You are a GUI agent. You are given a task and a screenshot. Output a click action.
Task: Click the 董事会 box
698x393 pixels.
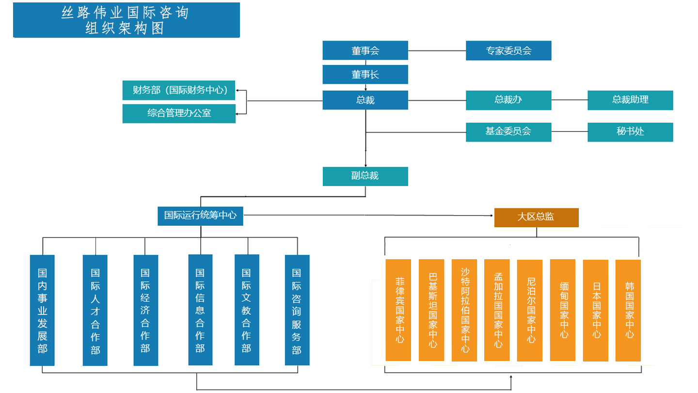[x=365, y=50]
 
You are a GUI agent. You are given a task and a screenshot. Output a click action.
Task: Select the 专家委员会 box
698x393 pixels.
[x=508, y=50]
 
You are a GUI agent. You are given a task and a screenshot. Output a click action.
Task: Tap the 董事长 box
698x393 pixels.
[x=365, y=75]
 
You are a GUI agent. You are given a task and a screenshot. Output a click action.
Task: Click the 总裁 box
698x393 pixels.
[x=365, y=100]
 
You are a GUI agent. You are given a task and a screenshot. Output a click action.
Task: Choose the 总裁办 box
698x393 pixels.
[x=508, y=100]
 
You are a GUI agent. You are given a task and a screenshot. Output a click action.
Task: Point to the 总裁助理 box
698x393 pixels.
[x=630, y=100]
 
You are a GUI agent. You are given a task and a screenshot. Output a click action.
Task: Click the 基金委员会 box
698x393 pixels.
[x=508, y=132]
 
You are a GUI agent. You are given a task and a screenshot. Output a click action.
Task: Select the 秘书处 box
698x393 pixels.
[x=630, y=132]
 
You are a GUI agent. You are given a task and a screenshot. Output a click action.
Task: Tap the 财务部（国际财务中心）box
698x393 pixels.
[x=179, y=90]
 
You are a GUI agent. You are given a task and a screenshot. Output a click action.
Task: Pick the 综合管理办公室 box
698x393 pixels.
[x=179, y=113]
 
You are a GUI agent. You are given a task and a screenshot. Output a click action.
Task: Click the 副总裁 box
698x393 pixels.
[x=365, y=176]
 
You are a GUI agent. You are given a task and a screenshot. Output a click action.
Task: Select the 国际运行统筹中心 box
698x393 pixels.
[x=200, y=216]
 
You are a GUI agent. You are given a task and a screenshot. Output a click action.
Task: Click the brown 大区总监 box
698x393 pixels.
[x=536, y=217]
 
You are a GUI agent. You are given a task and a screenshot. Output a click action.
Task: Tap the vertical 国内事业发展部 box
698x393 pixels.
[x=42, y=310]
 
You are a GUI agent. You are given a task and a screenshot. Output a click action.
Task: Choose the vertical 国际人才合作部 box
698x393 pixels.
[x=95, y=310]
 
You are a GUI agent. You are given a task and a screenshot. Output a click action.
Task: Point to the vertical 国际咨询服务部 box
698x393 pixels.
[x=297, y=310]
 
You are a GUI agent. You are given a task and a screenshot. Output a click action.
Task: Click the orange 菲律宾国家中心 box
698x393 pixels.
[x=398, y=310]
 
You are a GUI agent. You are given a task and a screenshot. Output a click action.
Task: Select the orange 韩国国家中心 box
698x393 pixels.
[x=628, y=310]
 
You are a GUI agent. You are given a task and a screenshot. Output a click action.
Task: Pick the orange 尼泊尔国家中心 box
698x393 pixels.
[x=530, y=310]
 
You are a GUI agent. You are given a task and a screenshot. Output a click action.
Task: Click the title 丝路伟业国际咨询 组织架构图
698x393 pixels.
[x=126, y=20]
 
